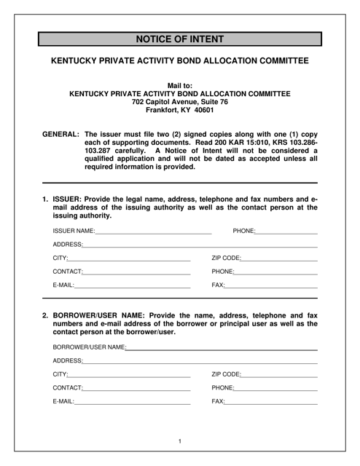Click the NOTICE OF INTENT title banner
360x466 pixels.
(x=179, y=39)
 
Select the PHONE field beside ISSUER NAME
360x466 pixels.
(x=286, y=231)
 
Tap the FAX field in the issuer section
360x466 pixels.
(x=272, y=286)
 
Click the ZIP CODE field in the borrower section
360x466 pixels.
(x=279, y=375)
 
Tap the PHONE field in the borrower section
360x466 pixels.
(x=277, y=389)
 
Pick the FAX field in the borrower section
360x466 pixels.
(x=272, y=403)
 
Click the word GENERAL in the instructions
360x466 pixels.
(x=60, y=135)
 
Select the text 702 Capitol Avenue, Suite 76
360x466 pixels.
(x=179, y=102)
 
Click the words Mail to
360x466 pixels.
(x=179, y=84)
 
